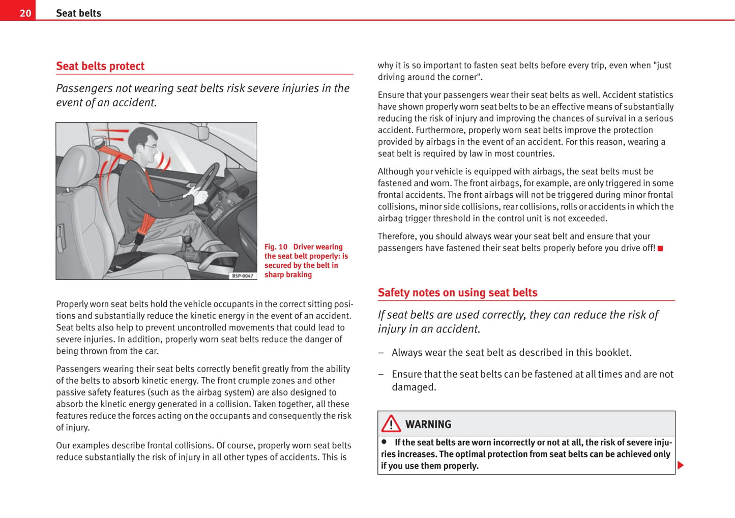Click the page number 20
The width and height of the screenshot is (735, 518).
pyautogui.click(x=25, y=13)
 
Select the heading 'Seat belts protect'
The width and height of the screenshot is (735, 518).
pyautogui.click(x=100, y=66)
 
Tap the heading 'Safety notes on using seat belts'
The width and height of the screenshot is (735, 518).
pyautogui.click(x=457, y=293)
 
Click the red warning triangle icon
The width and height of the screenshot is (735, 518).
pyautogui.click(x=391, y=423)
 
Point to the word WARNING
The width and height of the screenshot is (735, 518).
pyautogui.click(x=428, y=424)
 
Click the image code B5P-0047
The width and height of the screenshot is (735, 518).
pyautogui.click(x=243, y=276)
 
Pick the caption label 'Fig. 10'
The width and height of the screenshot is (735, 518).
pyautogui.click(x=276, y=247)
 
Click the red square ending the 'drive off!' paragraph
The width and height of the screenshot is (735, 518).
pyautogui.click(x=660, y=249)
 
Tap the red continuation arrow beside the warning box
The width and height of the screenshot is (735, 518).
pyautogui.click(x=681, y=465)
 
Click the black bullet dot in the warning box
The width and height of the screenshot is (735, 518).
pyautogui.click(x=384, y=442)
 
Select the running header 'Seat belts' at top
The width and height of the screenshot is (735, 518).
pyautogui.click(x=78, y=13)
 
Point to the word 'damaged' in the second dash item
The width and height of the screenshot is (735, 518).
pyautogui.click(x=413, y=387)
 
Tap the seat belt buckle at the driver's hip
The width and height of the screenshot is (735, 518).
pyautogui.click(x=140, y=238)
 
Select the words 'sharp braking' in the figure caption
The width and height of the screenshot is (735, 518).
pyautogui.click(x=288, y=275)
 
